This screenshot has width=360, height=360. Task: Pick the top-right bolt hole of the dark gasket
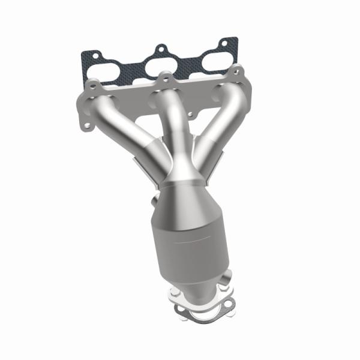pos(226,43)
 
